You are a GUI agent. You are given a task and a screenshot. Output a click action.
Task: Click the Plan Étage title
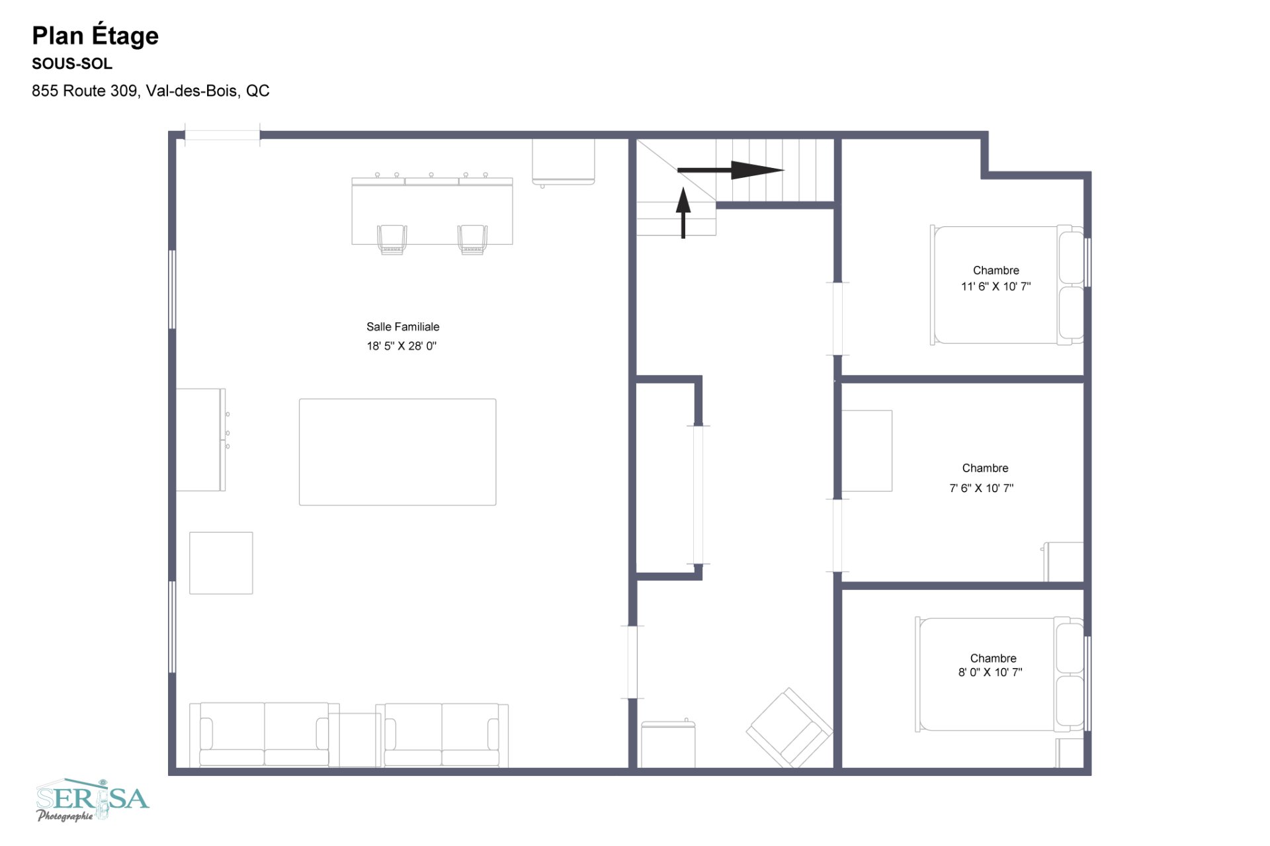tap(95, 36)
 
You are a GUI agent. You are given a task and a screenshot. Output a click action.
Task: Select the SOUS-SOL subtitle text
tap(72, 64)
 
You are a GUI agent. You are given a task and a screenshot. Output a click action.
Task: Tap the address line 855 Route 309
tap(151, 91)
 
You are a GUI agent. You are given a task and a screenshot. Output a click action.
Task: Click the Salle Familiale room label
tap(403, 327)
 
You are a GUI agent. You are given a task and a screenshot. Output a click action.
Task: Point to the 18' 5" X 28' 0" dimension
tap(402, 346)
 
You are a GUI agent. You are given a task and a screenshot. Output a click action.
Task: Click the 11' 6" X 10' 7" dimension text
tap(995, 286)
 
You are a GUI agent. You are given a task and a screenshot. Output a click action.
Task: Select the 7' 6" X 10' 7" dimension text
tap(982, 488)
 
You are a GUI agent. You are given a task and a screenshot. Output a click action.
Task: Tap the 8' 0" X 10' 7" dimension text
tap(990, 672)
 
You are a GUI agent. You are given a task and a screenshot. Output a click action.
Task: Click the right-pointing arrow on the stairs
tap(730, 170)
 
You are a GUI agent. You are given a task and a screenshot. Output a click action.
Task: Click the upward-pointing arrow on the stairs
tap(683, 212)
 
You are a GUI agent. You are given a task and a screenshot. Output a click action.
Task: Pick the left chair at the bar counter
tap(392, 239)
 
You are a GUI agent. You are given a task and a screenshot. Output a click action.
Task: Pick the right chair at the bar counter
tap(472, 239)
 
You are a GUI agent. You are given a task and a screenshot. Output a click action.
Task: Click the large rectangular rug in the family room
tap(398, 452)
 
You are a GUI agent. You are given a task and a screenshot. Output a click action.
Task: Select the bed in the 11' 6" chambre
tap(1007, 285)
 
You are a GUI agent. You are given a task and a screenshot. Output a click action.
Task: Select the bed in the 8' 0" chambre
tap(999, 674)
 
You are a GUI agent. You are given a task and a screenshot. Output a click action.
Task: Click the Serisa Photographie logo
tap(93, 800)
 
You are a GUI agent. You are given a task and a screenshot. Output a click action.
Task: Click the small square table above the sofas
tap(221, 563)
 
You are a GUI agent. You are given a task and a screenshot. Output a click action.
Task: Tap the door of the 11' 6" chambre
tap(837, 319)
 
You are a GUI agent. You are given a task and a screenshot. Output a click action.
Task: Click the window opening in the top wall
tap(222, 135)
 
